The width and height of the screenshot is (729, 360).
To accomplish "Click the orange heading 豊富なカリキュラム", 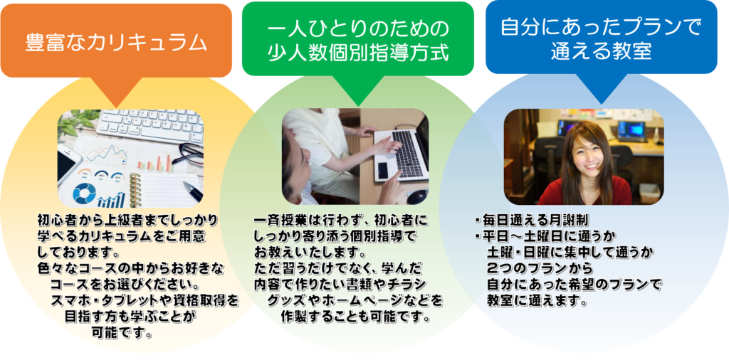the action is tap(116, 43).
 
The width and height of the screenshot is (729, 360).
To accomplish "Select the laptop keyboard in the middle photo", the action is tap(405, 152).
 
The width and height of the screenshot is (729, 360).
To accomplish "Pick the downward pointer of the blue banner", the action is tap(601, 88).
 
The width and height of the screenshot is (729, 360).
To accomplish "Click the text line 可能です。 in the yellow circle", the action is tap(123, 332).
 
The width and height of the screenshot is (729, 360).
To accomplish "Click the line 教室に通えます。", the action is tap(535, 300).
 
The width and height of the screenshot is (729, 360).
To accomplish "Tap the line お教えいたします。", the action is tap(309, 255).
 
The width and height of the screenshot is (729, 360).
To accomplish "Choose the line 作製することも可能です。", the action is tap(355, 318).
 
